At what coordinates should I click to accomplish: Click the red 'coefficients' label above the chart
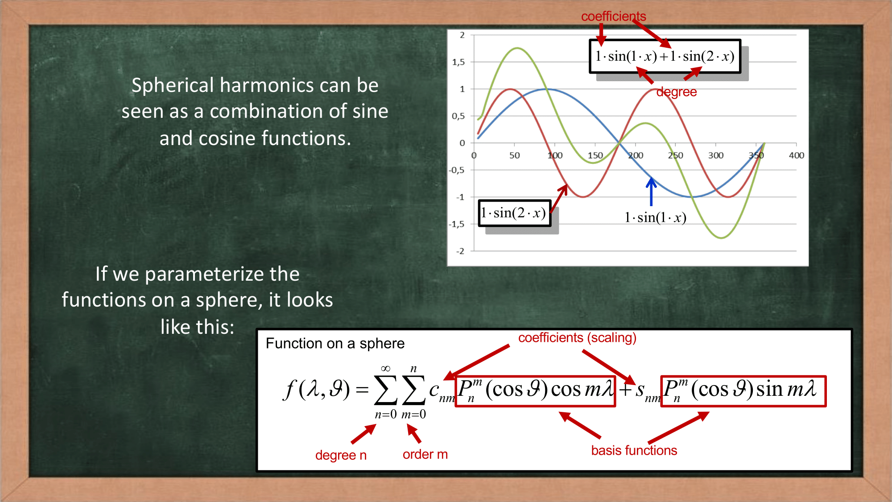click(x=613, y=17)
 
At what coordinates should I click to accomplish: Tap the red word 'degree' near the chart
click(x=676, y=92)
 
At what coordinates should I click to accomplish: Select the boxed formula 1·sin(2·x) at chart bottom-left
click(x=515, y=213)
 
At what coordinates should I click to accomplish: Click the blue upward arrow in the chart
click(x=651, y=191)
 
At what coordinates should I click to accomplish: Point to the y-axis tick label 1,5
click(x=458, y=62)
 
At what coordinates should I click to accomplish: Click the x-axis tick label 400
click(x=796, y=155)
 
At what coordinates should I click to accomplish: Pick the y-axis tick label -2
click(x=460, y=251)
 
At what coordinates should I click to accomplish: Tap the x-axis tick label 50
click(x=514, y=155)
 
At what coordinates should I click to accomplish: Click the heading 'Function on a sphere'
click(x=335, y=343)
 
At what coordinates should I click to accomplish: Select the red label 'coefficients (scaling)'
click(x=577, y=338)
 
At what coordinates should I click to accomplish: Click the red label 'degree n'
click(x=341, y=455)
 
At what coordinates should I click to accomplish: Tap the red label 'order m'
click(x=425, y=454)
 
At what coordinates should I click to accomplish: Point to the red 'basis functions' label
click(x=634, y=450)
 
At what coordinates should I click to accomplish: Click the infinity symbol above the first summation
click(x=386, y=369)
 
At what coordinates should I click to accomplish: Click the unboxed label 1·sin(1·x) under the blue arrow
click(x=655, y=217)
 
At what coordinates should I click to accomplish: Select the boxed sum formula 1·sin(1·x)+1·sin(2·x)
click(x=665, y=57)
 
